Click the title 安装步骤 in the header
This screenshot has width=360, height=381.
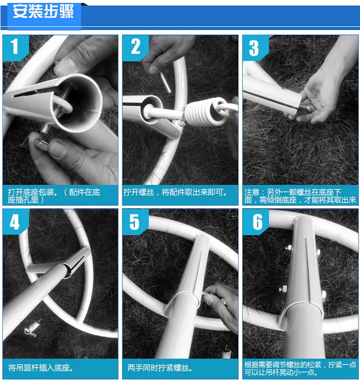pos(43,11)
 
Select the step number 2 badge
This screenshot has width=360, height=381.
pos(135,47)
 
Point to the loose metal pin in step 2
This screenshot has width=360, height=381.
pos(165,82)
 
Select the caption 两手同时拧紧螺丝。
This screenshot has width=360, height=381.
pos(160,368)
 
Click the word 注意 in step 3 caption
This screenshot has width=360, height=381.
pos(252,193)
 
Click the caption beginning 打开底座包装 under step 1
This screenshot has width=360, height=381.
pos(54,196)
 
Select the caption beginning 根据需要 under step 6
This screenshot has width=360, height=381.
pos(300,368)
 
